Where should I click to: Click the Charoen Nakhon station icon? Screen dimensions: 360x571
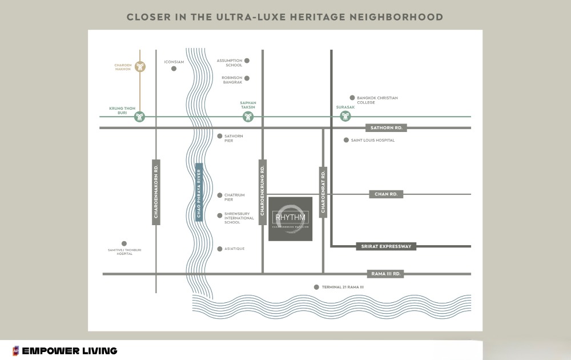[140, 66]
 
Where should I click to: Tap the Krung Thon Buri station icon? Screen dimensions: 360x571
[140, 117]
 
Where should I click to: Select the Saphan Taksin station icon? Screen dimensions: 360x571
[248, 117]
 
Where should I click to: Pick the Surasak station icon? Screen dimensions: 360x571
[345, 117]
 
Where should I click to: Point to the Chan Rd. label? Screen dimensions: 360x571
[386, 194]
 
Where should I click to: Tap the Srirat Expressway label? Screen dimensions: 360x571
[386, 246]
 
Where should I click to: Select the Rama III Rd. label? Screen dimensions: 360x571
[387, 274]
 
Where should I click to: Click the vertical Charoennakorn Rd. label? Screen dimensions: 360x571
[156, 191]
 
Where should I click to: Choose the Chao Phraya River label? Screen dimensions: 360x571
[199, 191]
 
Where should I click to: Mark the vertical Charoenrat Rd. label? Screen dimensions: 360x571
[323, 191]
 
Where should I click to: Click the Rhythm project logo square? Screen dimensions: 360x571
[290, 219]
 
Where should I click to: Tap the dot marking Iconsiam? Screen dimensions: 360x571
[174, 69]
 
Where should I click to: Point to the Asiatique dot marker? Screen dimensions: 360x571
[219, 249]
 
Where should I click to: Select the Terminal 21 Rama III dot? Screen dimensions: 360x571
[316, 287]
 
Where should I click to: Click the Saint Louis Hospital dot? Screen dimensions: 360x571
[346, 139]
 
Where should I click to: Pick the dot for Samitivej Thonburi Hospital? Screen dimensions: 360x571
[124, 243]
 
